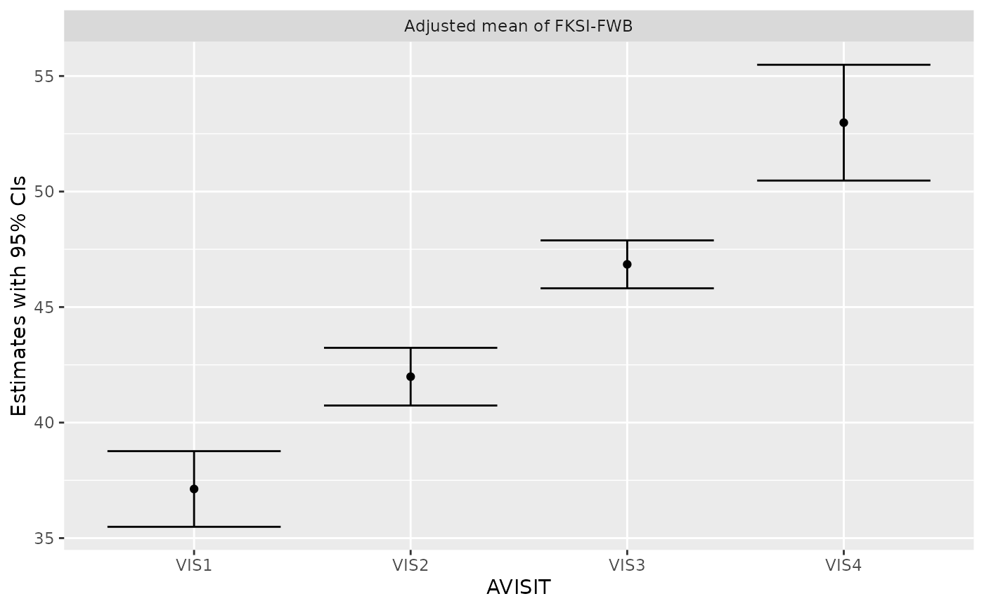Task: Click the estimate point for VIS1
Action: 194,489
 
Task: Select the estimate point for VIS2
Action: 410,376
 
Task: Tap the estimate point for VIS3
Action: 627,264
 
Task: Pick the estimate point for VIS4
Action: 843,122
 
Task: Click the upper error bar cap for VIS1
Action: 194,451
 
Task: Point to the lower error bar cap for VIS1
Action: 194,527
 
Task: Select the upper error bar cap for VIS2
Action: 410,348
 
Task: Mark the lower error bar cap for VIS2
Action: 410,405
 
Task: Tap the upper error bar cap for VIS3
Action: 627,240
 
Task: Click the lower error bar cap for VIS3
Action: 627,288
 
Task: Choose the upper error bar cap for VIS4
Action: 843,65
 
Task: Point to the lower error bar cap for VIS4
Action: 843,180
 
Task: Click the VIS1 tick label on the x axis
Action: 194,564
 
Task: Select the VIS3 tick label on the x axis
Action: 627,564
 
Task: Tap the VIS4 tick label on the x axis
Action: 843,564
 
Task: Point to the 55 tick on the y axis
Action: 46,76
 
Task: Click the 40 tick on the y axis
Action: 46,423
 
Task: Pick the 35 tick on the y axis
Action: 46,538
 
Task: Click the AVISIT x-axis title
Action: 519,587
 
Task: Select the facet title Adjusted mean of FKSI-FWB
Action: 519,27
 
